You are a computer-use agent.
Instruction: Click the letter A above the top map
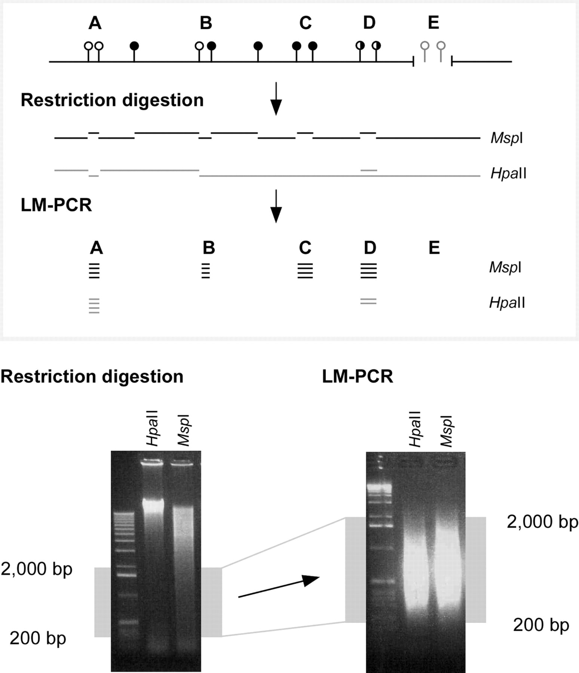click(x=95, y=23)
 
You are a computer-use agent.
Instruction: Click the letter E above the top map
click(x=434, y=23)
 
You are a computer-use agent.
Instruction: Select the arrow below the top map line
click(x=276, y=99)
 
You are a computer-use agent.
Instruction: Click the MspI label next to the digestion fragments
click(x=506, y=138)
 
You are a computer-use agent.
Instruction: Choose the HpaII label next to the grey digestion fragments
click(x=508, y=173)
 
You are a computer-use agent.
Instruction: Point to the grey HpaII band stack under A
click(x=94, y=306)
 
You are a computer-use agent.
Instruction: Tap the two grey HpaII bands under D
click(x=368, y=301)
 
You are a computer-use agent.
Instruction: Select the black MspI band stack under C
click(x=305, y=271)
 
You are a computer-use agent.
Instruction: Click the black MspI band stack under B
click(x=206, y=271)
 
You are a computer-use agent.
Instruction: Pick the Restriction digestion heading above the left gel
click(x=92, y=377)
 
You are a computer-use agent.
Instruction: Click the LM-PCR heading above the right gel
click(x=358, y=377)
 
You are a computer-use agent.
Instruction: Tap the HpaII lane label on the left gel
click(x=153, y=428)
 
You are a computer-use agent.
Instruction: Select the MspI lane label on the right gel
click(x=446, y=431)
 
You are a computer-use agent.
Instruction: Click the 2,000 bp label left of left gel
click(x=37, y=569)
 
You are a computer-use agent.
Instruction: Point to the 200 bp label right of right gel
click(x=541, y=625)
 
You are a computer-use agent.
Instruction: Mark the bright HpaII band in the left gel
click(x=153, y=505)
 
